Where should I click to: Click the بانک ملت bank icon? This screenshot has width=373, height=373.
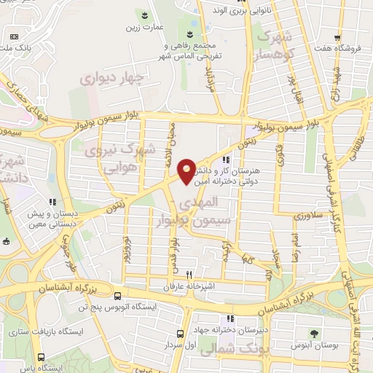[12, 36]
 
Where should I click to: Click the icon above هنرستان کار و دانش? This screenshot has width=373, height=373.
[227, 160]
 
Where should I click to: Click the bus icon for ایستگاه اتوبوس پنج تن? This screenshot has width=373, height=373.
[118, 296]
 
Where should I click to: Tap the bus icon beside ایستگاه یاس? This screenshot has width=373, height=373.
[40, 356]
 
